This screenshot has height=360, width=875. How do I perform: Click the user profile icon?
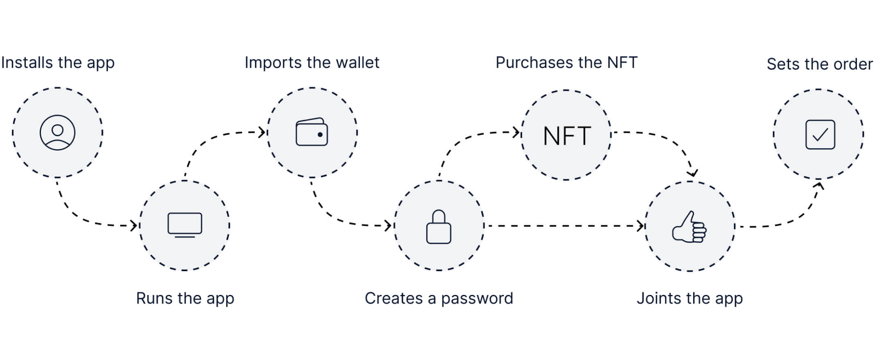[57, 133]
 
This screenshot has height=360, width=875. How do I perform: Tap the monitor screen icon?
[185, 225]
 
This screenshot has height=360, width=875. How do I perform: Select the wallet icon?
[312, 132]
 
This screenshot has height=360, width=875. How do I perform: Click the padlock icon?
[439, 227]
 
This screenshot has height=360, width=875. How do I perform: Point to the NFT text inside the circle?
[567, 136]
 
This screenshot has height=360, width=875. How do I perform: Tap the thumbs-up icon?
[689, 227]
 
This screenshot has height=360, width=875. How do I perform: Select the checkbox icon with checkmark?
[820, 134]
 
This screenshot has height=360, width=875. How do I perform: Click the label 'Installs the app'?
[58, 63]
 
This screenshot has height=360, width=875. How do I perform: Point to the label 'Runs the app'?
[185, 299]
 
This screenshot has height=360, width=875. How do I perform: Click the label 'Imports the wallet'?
[312, 63]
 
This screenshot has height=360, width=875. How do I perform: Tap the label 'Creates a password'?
[439, 299]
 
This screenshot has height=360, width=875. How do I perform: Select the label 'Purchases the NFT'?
[567, 63]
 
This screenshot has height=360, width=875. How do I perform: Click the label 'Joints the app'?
[690, 299]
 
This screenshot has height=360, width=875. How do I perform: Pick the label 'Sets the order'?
[820, 64]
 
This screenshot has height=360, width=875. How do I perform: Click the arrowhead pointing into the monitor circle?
[134, 225]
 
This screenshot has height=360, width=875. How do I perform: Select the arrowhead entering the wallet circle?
[262, 132]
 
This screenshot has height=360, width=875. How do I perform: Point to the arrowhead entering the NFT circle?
[516, 132]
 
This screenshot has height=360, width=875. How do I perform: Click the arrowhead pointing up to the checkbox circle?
[819, 186]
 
